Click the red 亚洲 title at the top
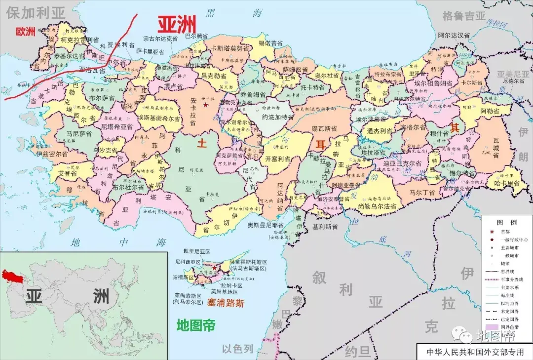(177, 23)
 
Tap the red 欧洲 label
(26, 32)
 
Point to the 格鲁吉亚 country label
(464, 16)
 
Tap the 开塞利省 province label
(277, 159)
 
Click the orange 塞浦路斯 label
(226, 303)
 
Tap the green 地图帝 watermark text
(196, 325)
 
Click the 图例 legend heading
(506, 222)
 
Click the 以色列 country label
(237, 349)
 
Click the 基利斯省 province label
(325, 226)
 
